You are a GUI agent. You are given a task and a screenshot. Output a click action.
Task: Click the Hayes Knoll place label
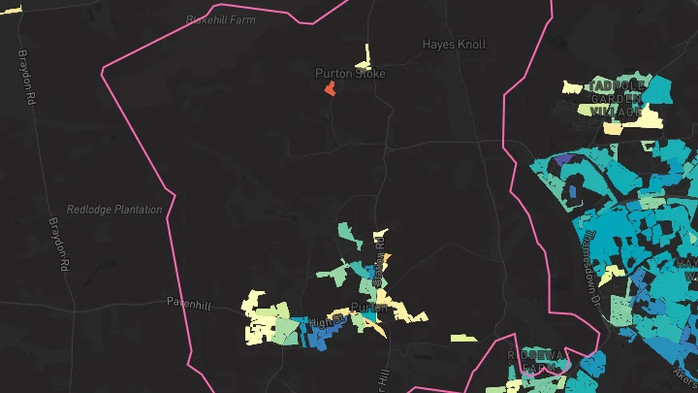pyautogui.click(x=454, y=44)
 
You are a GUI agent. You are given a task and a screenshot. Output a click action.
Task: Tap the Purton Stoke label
pyautogui.click(x=350, y=74)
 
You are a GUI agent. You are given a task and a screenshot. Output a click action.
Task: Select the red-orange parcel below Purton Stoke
pyautogui.click(x=330, y=89)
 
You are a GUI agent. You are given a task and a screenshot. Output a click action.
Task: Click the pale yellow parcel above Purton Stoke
pyautogui.click(x=366, y=55)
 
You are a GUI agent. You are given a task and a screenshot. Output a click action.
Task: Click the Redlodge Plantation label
pyautogui.click(x=114, y=210)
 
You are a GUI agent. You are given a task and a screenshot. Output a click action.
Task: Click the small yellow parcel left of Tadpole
pyautogui.click(x=571, y=86)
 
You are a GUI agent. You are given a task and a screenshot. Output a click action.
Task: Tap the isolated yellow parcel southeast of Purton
pyautogui.click(x=463, y=338)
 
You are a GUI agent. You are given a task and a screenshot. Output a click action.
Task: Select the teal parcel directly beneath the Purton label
pyautogui.click(x=369, y=317)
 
